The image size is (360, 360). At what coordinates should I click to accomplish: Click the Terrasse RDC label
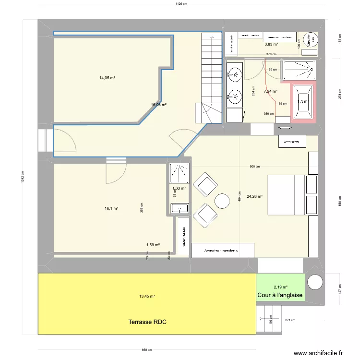pyautogui.click(x=147, y=322)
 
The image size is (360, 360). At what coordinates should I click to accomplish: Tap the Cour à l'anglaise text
pyautogui.click(x=280, y=295)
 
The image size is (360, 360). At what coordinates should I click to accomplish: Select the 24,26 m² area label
pyautogui.click(x=254, y=196)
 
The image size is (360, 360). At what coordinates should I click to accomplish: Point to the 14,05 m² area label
pyautogui.click(x=107, y=77)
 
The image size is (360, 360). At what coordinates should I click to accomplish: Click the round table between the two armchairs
pyautogui.click(x=222, y=200)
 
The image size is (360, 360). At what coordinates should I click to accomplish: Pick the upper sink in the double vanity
pyautogui.click(x=235, y=73)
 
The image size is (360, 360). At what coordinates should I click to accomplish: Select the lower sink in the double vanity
pyautogui.click(x=235, y=96)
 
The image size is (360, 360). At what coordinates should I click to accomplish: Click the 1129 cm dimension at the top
pyautogui.click(x=180, y=4)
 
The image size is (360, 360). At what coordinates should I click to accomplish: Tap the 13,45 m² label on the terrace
pyautogui.click(x=147, y=297)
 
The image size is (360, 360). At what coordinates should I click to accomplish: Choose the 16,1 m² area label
pyautogui.click(x=111, y=209)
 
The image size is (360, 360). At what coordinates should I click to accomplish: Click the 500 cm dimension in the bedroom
pyautogui.click(x=254, y=167)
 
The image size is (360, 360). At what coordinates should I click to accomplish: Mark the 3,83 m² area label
pyautogui.click(x=272, y=44)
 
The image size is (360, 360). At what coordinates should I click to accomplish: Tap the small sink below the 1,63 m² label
pyautogui.click(x=180, y=209)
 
